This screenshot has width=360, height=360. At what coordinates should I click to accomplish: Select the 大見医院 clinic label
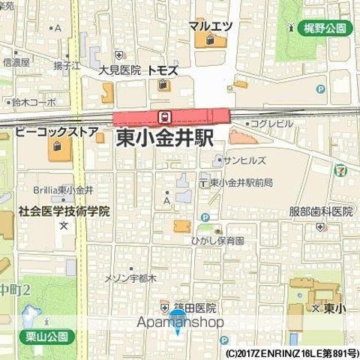pyautogui.click(x=120, y=70)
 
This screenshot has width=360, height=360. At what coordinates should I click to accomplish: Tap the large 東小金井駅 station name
pyautogui.click(x=165, y=139)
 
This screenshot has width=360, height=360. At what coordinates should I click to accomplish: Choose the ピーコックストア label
pyautogui.click(x=57, y=133)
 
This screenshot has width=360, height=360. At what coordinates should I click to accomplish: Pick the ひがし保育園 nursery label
pyautogui.click(x=217, y=241)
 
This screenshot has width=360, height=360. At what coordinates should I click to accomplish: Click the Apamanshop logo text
pyautogui.click(x=180, y=322)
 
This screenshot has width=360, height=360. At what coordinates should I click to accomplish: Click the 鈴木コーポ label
pyautogui.click(x=33, y=101)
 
